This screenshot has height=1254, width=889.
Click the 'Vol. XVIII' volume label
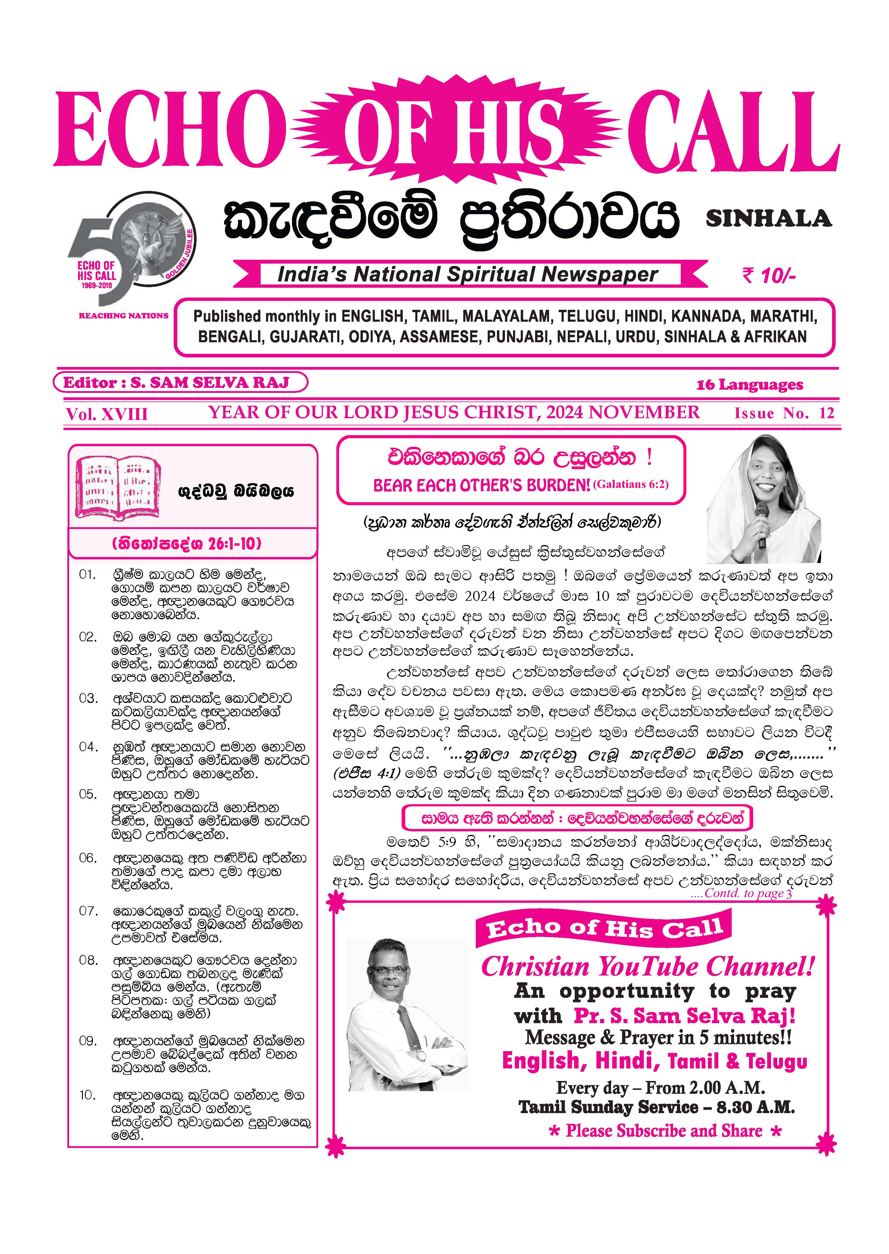click(x=107, y=414)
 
